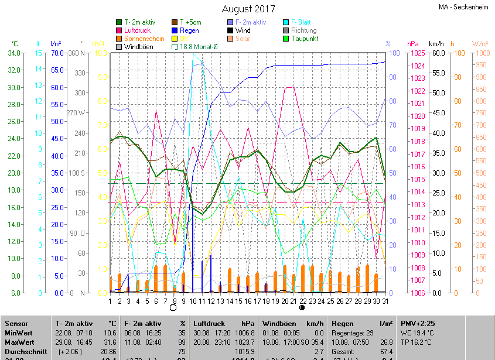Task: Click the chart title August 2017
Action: [x=248, y=9]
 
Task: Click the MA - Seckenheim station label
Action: [x=463, y=7]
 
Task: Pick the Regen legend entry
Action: [x=189, y=30]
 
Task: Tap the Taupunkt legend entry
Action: [x=299, y=39]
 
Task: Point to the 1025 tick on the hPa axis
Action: [x=417, y=53]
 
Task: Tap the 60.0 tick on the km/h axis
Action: [x=437, y=53]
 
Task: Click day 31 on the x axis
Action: [x=385, y=301]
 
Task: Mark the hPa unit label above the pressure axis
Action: [x=413, y=44]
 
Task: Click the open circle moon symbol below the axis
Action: [x=173, y=307]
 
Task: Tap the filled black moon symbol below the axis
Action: [x=302, y=307]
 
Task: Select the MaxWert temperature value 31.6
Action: [x=109, y=342]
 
